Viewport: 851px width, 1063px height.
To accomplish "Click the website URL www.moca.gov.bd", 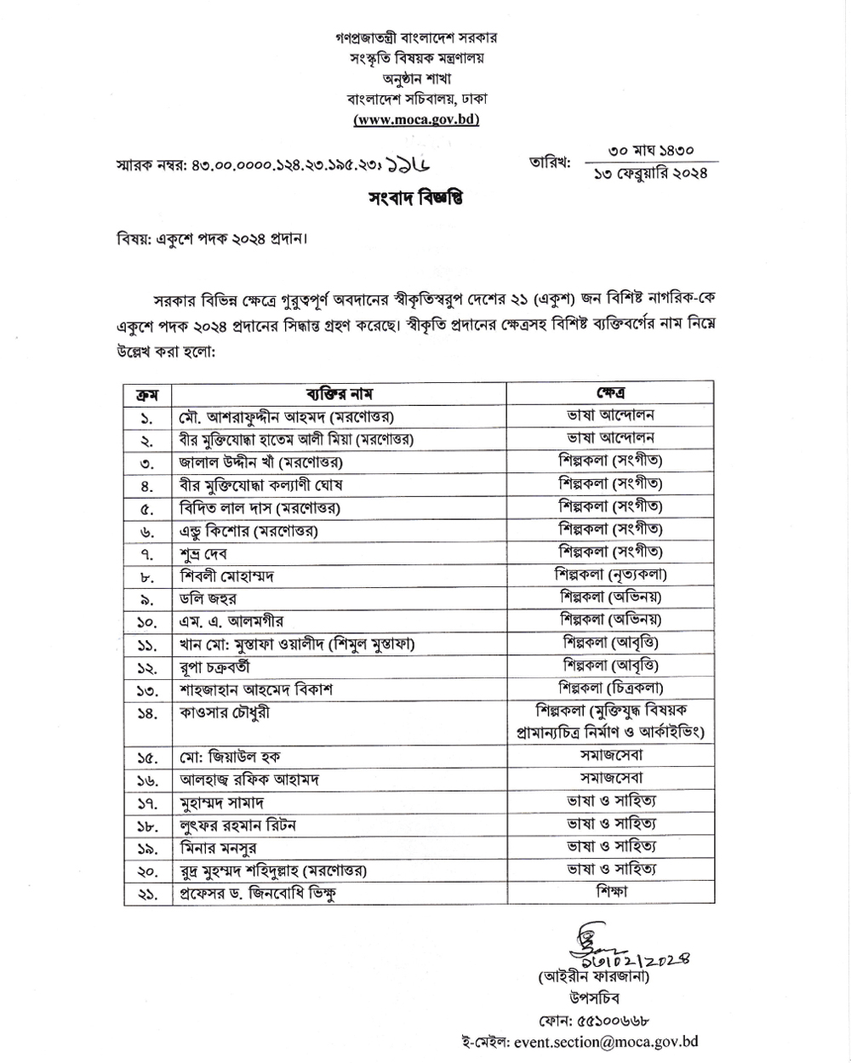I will point(416,119).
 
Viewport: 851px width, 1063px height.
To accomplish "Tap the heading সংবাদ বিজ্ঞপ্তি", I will point(416,199).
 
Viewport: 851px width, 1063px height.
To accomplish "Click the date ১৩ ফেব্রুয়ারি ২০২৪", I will point(652,174).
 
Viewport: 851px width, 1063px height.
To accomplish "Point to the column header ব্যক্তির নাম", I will point(339,393).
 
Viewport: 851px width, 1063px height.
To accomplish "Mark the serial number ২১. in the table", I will point(147,894).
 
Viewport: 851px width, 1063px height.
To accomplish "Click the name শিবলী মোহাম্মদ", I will point(226,576).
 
